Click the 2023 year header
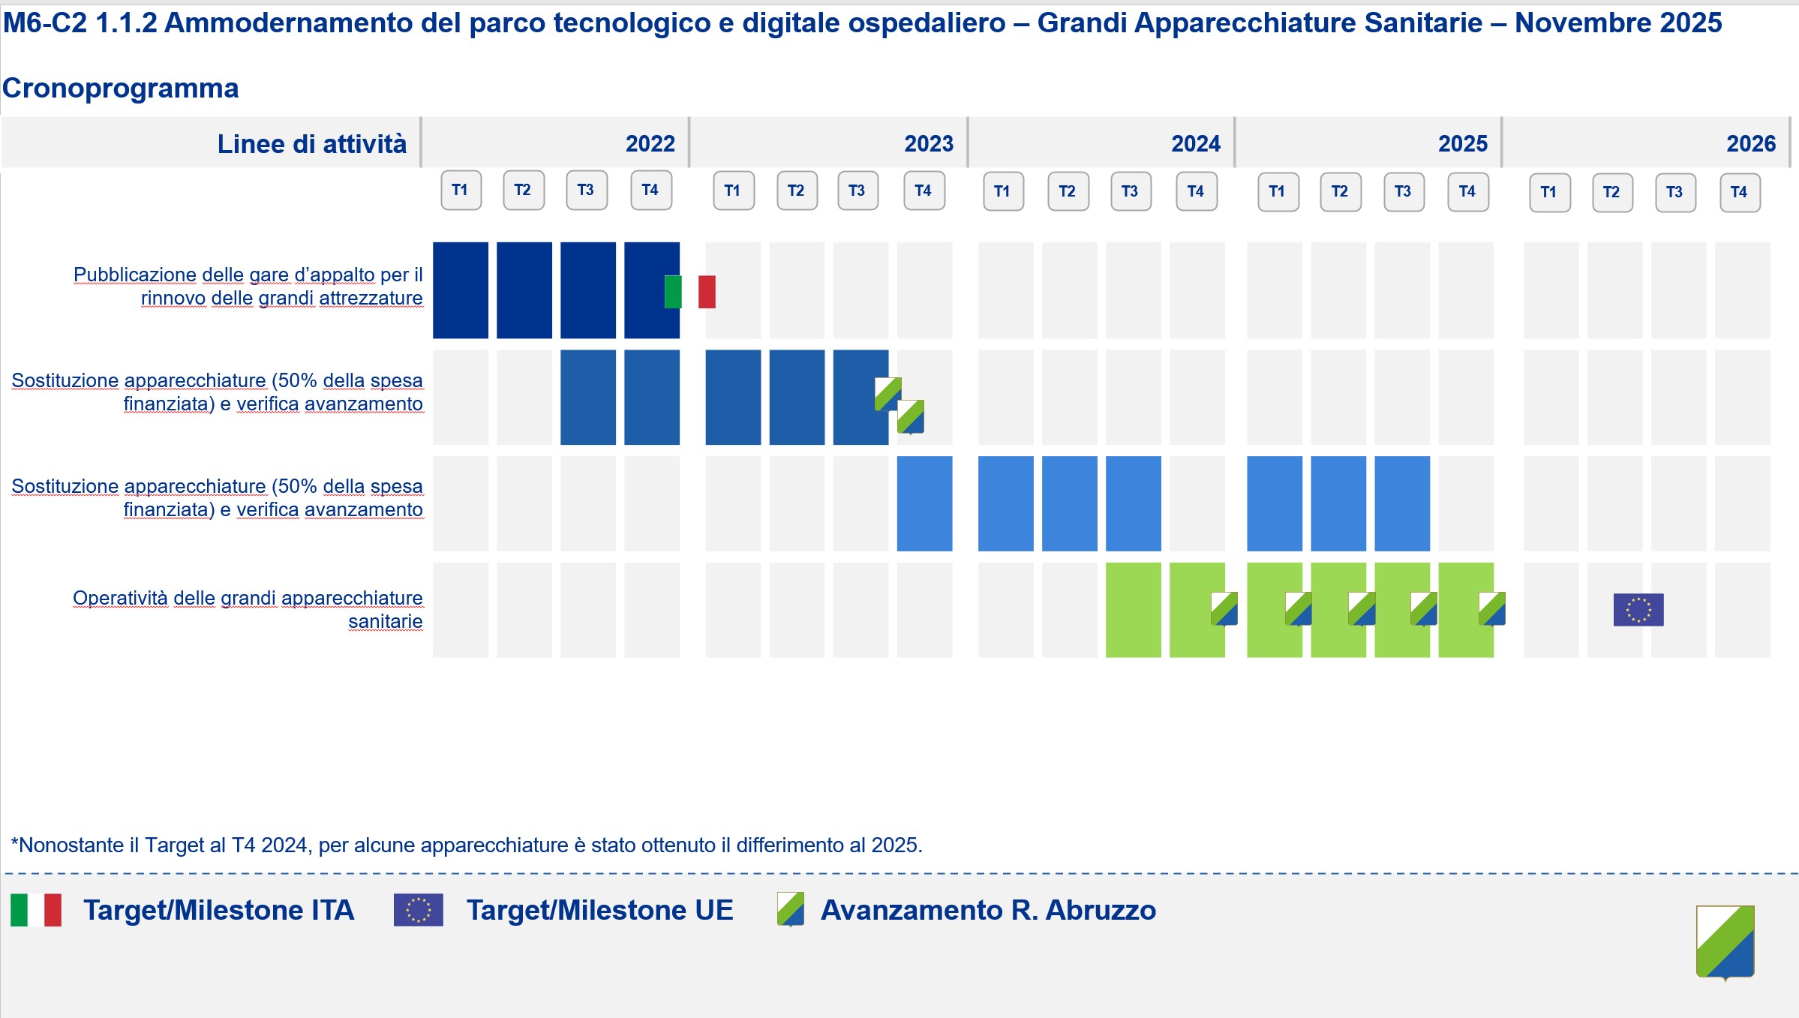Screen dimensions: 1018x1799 tap(928, 143)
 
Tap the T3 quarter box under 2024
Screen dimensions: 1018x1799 tap(1131, 191)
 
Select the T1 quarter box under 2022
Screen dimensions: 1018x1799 tap(461, 190)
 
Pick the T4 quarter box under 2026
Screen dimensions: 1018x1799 tap(1739, 192)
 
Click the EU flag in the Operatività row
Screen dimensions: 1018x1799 tap(1638, 609)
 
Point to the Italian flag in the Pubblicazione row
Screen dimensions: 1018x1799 tap(689, 292)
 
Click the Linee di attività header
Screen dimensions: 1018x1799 tap(311, 143)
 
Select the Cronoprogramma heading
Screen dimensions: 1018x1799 tap(120, 89)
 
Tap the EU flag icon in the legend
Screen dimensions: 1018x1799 tap(418, 910)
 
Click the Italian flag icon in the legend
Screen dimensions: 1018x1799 tap(36, 910)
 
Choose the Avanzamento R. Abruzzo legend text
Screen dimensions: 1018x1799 tap(987, 910)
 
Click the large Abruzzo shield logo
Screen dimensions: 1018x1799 tap(1725, 941)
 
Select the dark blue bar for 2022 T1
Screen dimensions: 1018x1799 tap(461, 290)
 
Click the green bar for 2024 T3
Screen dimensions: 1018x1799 tap(1133, 610)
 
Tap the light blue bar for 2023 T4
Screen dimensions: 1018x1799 tap(924, 503)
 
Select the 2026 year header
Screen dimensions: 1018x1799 tap(1750, 143)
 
